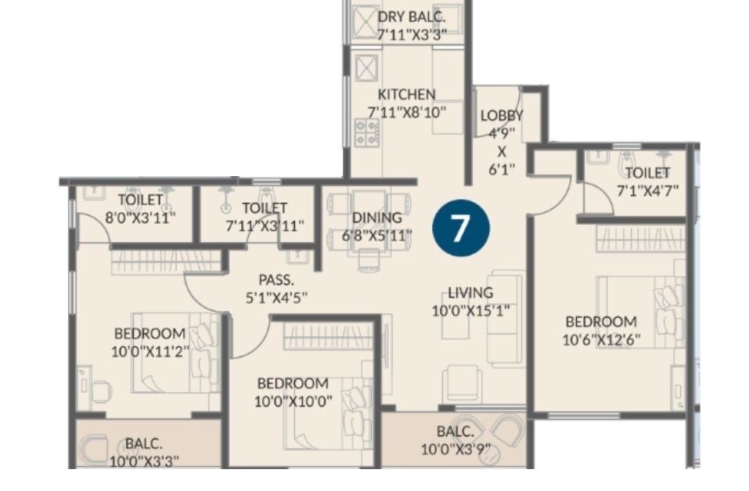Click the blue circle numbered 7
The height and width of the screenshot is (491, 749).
tap(460, 227)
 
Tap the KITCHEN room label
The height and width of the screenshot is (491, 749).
tap(406, 95)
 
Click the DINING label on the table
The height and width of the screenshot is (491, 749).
tap(376, 218)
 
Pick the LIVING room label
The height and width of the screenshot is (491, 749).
tap(470, 293)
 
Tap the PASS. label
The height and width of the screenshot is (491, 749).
tap(276, 280)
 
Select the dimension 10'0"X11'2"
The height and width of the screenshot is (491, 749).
tap(150, 352)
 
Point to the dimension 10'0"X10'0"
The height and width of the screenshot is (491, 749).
tap(293, 401)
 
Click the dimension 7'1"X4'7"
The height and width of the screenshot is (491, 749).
tap(647, 190)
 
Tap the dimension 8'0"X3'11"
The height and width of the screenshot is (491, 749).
tap(140, 217)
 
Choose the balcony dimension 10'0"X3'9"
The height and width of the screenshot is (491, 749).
tap(457, 449)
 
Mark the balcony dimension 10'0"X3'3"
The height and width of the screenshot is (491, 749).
tap(144, 460)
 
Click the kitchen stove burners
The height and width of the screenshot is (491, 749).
tap(365, 131)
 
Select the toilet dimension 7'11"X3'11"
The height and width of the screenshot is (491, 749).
tap(265, 226)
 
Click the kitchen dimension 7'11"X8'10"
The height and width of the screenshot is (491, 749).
tap(406, 112)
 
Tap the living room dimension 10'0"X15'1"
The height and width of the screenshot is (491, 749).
tap(470, 311)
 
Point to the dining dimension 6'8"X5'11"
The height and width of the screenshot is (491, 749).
tap(376, 235)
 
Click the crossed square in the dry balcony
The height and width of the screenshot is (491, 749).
tap(365, 21)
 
